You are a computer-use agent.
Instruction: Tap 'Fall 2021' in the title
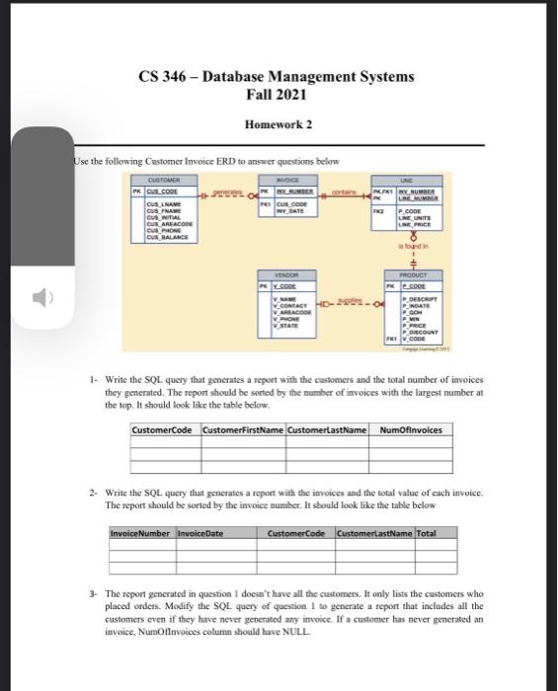pyautogui.click(x=279, y=95)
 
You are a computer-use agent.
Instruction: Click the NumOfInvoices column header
pyautogui.click(x=411, y=429)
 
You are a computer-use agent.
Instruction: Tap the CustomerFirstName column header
pyautogui.click(x=242, y=429)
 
